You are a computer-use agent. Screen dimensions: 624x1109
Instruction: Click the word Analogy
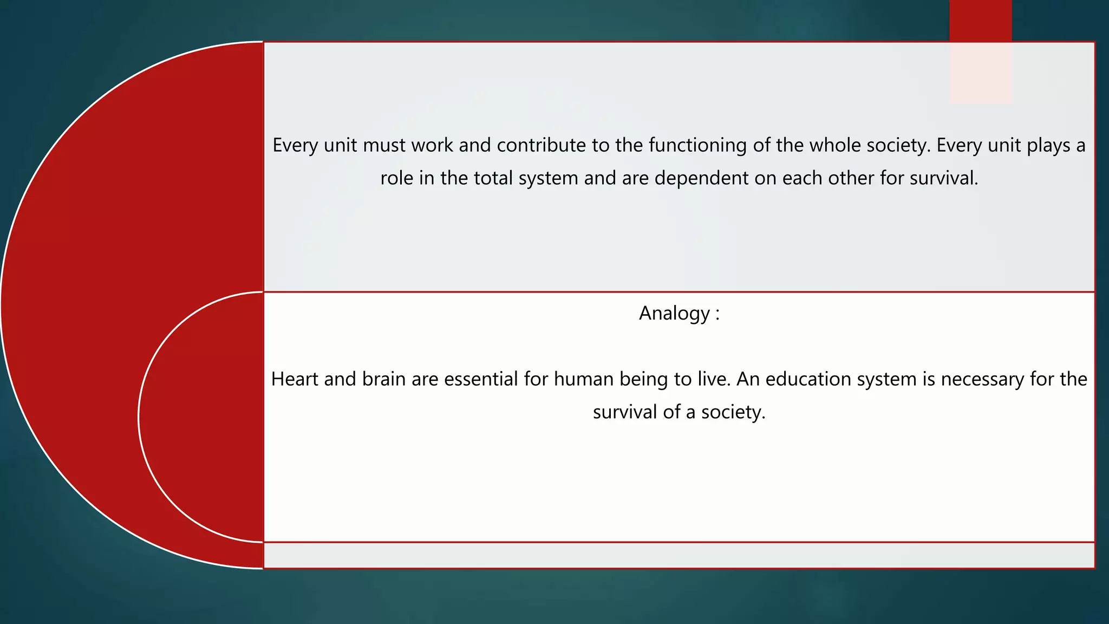[x=674, y=314]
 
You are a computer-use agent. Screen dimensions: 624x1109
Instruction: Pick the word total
[x=493, y=178]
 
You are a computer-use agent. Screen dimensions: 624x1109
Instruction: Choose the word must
[x=384, y=145]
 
